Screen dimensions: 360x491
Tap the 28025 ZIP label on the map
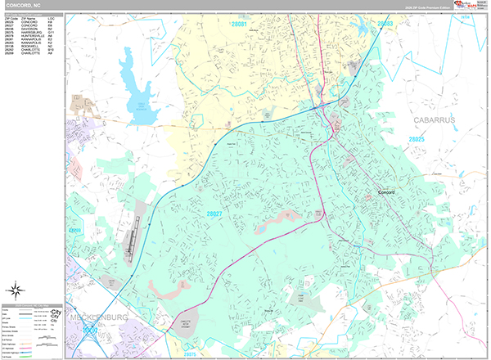tap(417, 141)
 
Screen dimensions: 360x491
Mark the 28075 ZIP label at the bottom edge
tap(189, 354)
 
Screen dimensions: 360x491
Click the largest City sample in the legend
tap(56, 312)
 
